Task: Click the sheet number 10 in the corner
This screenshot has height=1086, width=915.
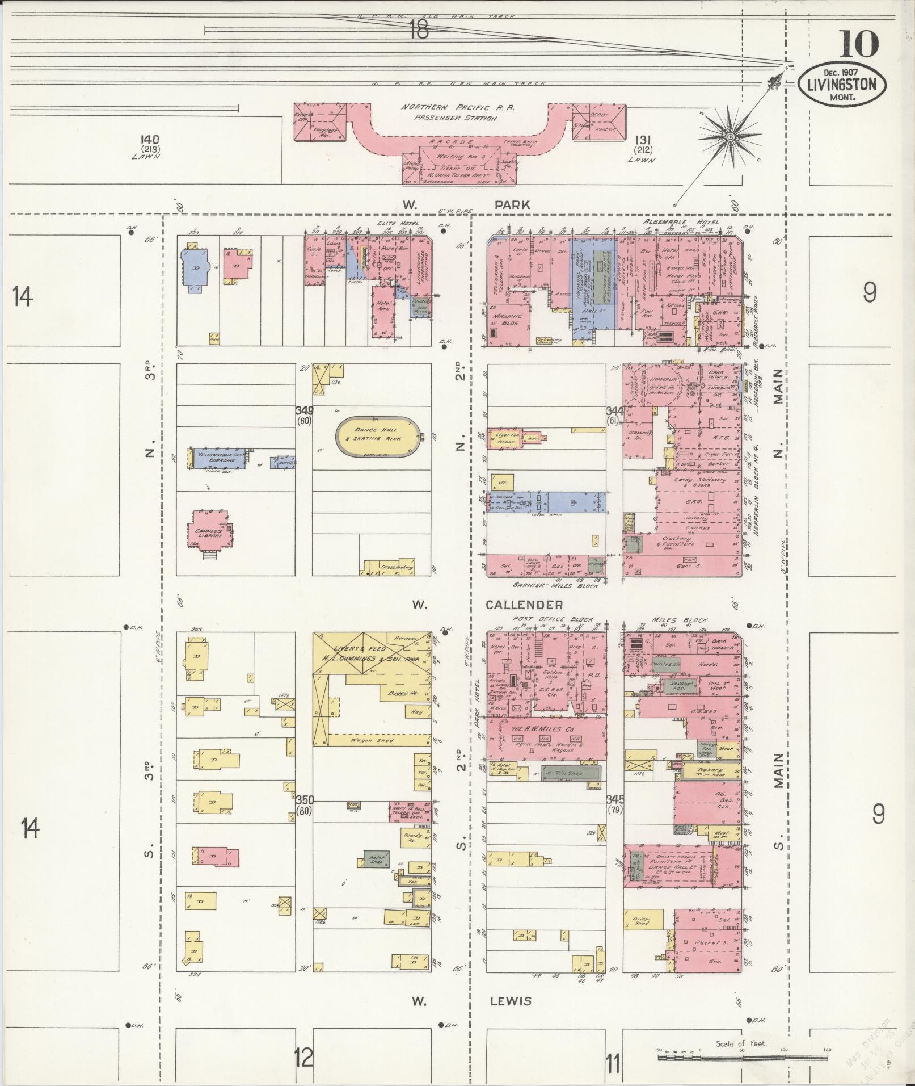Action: pos(859,44)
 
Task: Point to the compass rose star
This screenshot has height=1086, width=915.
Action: pos(731,136)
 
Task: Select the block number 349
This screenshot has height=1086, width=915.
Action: pos(305,410)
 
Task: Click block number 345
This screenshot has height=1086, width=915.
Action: pos(615,799)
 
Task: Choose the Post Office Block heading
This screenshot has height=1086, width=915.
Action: pos(553,619)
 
